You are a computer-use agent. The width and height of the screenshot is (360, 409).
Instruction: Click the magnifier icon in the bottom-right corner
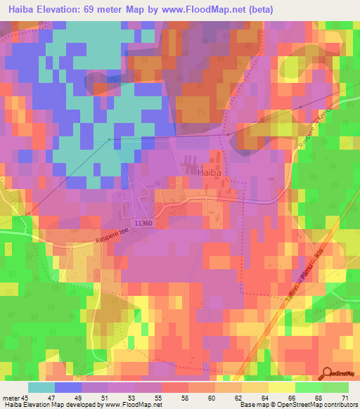[x=328, y=373]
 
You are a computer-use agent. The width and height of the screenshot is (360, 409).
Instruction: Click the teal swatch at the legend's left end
[x=41, y=387]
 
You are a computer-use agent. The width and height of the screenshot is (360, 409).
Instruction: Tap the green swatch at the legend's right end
[x=335, y=387]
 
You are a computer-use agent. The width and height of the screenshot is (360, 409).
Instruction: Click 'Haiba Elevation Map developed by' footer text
[x=51, y=404]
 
